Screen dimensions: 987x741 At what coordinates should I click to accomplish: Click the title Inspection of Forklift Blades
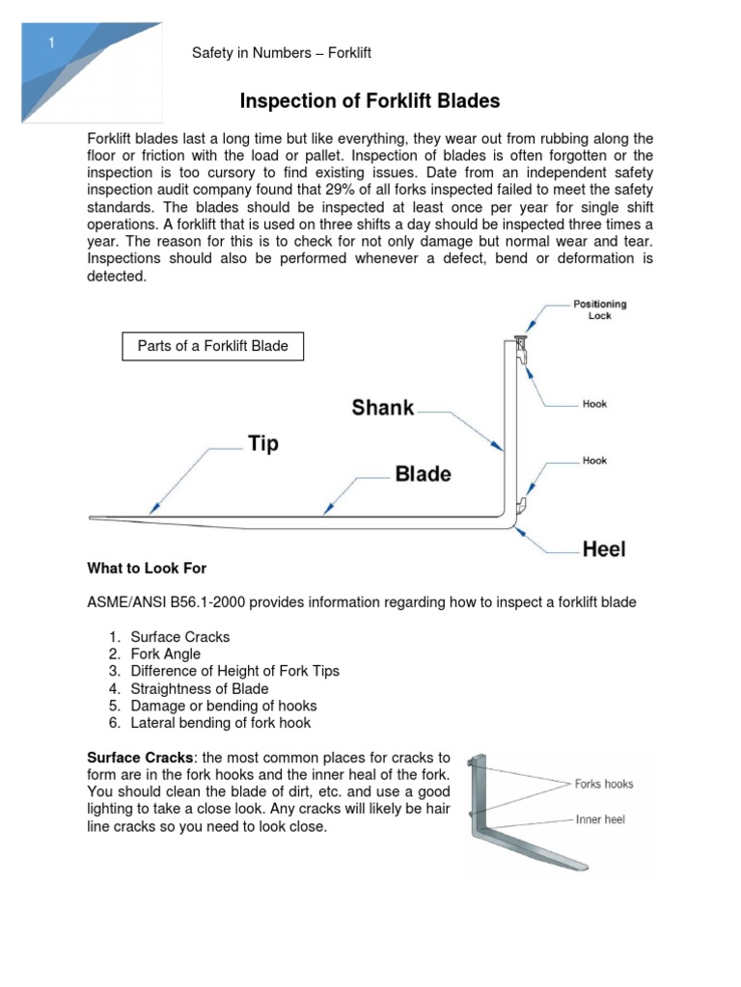tap(370, 101)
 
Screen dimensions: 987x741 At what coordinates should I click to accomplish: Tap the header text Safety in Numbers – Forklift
tap(282, 53)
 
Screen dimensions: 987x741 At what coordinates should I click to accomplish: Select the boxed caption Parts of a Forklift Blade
tap(212, 345)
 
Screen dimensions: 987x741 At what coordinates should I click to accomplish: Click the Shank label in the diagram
tap(383, 408)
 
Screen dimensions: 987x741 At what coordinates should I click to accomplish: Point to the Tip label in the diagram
tap(262, 443)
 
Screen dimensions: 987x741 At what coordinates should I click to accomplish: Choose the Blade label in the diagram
tap(423, 474)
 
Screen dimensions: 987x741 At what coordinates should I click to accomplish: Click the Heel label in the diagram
tap(604, 549)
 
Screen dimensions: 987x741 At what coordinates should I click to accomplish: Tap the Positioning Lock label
tap(599, 309)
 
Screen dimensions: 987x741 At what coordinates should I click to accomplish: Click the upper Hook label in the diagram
tap(594, 404)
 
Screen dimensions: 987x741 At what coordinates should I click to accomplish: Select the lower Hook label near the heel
tap(594, 461)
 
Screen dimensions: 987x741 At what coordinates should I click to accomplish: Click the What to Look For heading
tap(148, 568)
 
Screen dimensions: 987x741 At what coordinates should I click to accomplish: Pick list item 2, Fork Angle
tap(166, 654)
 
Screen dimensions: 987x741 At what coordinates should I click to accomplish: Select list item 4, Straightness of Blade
tap(200, 688)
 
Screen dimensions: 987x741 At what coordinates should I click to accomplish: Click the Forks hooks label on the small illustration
tap(604, 784)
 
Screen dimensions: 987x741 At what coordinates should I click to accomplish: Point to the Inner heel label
tap(601, 819)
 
